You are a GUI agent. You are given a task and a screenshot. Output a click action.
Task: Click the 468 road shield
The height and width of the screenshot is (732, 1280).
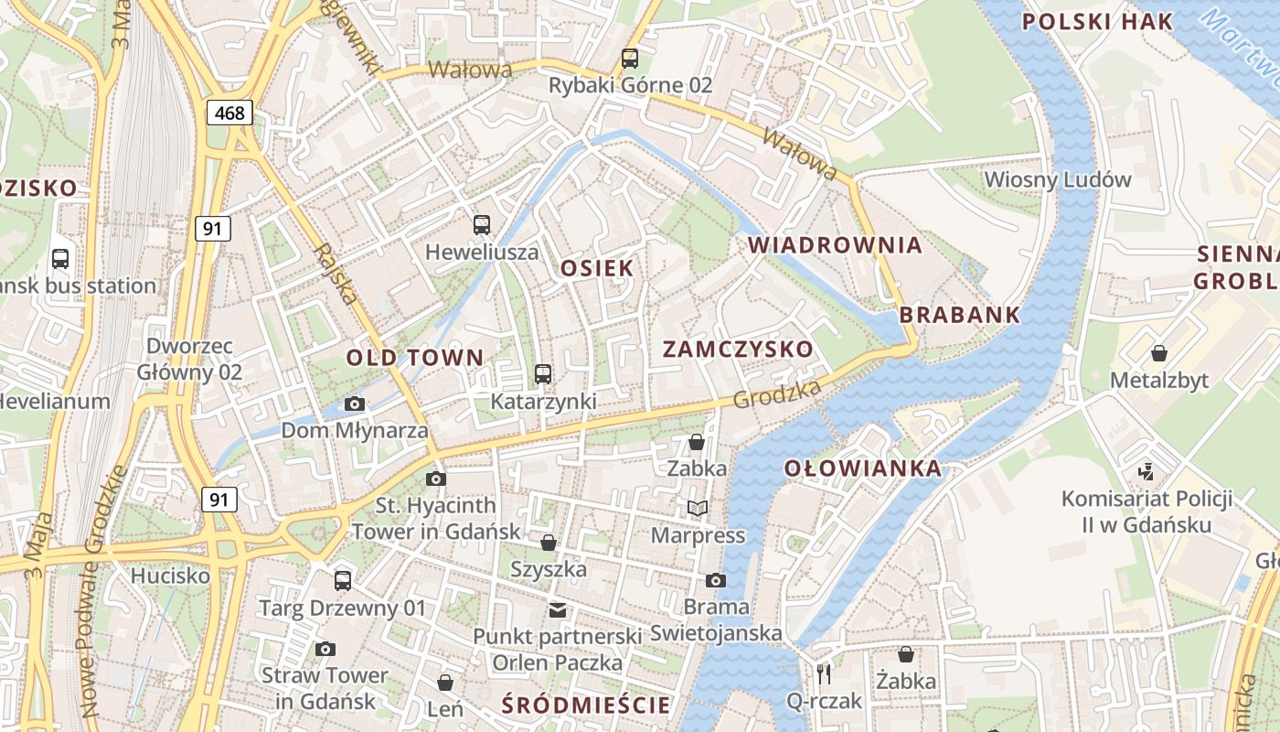click(229, 113)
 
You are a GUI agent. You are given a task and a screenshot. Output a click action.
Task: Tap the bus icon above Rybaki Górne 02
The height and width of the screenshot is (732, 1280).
click(630, 59)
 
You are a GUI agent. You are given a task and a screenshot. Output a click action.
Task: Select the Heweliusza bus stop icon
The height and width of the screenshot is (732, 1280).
click(482, 224)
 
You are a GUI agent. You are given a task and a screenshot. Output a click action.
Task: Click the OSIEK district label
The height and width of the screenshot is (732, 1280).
click(597, 268)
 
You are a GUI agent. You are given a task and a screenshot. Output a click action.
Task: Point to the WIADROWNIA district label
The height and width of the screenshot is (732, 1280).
click(836, 245)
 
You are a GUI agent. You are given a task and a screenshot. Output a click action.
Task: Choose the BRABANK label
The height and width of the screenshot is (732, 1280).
click(959, 315)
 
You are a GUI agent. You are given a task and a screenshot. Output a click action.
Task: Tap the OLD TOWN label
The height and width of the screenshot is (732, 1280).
click(414, 358)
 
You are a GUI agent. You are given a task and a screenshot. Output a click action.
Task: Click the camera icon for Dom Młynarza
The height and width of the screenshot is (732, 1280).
click(355, 404)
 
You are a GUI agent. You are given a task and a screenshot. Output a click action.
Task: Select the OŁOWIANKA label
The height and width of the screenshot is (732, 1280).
click(862, 468)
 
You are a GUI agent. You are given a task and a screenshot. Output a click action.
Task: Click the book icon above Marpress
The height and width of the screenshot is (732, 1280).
click(698, 508)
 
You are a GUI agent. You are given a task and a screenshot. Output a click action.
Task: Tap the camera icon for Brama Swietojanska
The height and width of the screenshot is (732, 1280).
click(716, 580)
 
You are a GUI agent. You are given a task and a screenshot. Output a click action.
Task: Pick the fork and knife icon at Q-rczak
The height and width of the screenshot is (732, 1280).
click(825, 674)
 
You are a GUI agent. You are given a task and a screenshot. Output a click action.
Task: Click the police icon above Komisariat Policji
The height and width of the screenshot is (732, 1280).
click(1147, 472)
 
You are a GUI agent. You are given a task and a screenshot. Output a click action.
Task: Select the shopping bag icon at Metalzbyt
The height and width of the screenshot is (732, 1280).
click(1159, 353)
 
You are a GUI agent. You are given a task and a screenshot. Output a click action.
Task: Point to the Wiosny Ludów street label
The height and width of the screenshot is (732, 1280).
click(1058, 179)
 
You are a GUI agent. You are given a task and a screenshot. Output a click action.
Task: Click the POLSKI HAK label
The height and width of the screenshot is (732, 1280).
click(1096, 22)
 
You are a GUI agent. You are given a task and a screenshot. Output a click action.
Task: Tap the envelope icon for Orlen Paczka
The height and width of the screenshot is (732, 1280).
click(557, 609)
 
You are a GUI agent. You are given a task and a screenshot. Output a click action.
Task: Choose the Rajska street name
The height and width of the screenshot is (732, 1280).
click(335, 274)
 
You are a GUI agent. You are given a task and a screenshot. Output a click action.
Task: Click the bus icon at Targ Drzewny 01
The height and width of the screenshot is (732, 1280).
click(343, 580)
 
